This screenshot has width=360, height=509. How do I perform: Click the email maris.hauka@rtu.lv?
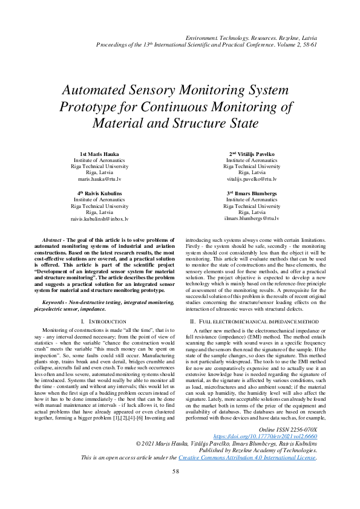(100, 180)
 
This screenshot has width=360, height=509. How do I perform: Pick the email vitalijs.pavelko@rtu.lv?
(253, 180)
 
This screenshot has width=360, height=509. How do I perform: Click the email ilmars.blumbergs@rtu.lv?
(253, 218)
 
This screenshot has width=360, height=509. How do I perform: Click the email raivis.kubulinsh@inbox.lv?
(100, 218)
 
